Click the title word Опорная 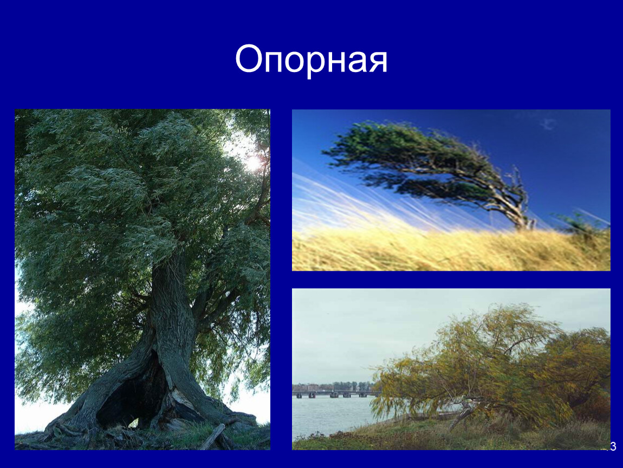click(x=311, y=60)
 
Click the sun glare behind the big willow click(x=253, y=162)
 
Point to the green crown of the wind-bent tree click(x=409, y=159)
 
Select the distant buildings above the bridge click(x=333, y=386)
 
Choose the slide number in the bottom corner click(x=612, y=446)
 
